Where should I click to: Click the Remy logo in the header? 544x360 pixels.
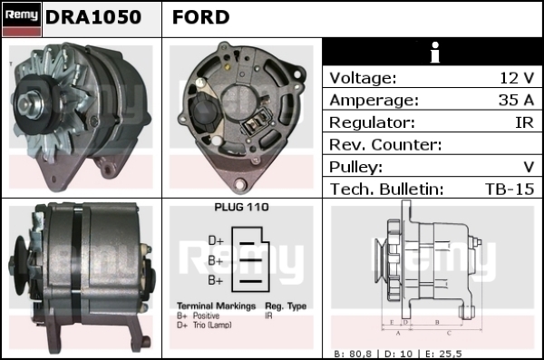[x=22, y=19]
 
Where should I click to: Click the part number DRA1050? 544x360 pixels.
[x=93, y=17]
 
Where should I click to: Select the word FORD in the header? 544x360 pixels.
[x=201, y=17]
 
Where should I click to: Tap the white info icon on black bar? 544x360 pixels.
[x=434, y=53]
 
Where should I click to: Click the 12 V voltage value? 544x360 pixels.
[x=517, y=78]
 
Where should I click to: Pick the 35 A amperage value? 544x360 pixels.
[x=516, y=100]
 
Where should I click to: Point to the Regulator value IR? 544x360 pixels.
[x=525, y=122]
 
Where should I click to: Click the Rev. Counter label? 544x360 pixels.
[x=385, y=145]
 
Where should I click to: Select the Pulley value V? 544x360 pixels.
[x=529, y=167]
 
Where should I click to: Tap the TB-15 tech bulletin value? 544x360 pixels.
[x=510, y=190]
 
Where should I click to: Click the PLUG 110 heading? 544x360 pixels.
[x=241, y=207]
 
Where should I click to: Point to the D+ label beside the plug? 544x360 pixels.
[x=216, y=240]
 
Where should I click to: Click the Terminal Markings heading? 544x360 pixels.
[x=216, y=306]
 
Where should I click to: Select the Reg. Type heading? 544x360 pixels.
[x=286, y=306]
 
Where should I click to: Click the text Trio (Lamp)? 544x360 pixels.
[x=212, y=325]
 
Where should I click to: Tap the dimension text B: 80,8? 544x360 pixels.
[x=353, y=354]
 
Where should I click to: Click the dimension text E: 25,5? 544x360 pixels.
[x=443, y=354]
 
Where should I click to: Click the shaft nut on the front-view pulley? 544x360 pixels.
[x=27, y=103]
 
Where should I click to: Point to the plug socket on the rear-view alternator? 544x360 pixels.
[x=257, y=122]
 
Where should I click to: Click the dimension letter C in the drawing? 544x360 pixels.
[x=449, y=334]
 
